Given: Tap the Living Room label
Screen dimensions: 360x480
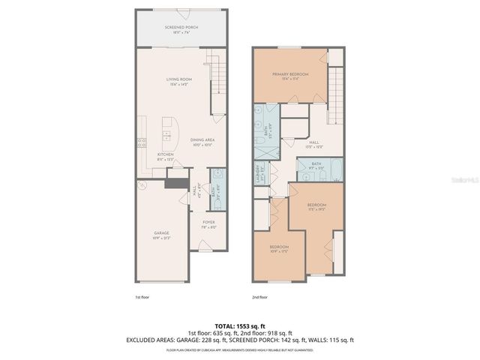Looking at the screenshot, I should [178, 82].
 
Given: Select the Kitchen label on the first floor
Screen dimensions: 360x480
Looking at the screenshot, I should [166, 157].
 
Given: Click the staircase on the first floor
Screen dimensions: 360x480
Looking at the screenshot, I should [215, 82].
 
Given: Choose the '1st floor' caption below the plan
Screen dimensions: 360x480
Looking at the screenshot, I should [143, 298].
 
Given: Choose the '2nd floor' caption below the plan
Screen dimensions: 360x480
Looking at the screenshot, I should [259, 298].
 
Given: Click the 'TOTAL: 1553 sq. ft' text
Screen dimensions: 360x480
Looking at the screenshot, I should [240, 325].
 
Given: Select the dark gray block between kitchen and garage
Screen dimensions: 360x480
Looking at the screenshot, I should [175, 183].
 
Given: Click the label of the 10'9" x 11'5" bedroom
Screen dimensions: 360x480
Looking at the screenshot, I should [279, 248].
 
